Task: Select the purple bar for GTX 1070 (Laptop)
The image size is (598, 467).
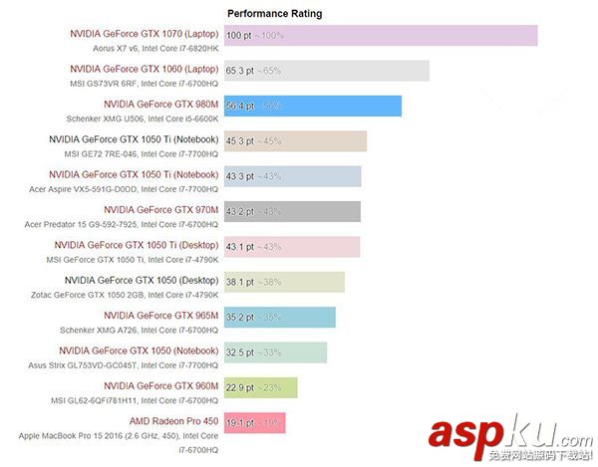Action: (381, 36)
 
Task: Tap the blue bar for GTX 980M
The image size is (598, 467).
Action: (313, 107)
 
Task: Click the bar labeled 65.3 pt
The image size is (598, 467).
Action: (327, 71)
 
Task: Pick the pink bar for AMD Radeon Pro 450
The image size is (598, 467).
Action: (255, 422)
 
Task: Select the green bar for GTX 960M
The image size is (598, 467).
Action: (261, 387)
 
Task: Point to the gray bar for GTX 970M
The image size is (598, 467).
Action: (292, 211)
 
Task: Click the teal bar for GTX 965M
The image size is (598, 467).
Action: (280, 317)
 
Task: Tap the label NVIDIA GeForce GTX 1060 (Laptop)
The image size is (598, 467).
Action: (145, 69)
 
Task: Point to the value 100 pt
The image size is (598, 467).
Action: (239, 36)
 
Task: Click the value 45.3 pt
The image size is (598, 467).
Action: (240, 141)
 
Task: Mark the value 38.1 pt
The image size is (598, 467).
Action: (240, 282)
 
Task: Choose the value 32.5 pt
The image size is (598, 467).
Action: (240, 352)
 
